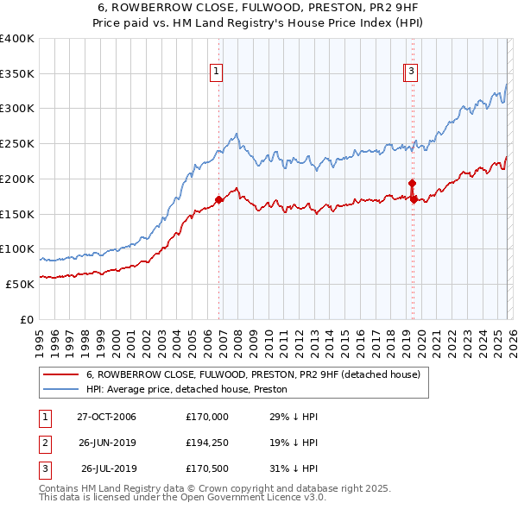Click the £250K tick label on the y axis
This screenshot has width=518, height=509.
17,144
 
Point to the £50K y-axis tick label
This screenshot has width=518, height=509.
20,284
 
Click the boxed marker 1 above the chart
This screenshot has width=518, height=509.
216,72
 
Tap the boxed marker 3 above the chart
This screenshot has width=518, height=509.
412,72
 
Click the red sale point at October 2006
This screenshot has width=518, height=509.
218,200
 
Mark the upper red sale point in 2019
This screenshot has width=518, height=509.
412,183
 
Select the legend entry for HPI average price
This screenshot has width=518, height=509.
191,390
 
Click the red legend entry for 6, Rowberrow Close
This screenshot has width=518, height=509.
252,374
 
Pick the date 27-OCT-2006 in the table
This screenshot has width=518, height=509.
106,417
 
